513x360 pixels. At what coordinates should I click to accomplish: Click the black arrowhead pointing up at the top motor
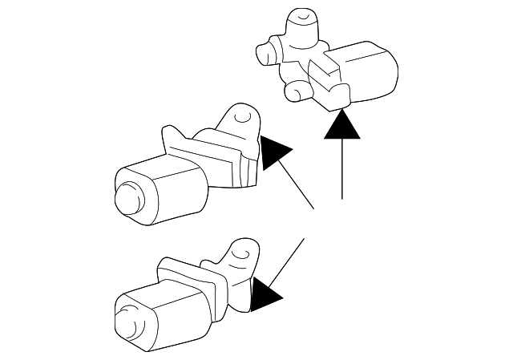click(x=342, y=126)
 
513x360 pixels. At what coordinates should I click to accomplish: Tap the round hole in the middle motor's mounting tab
click(x=241, y=118)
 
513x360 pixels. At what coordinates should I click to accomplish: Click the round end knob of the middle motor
click(x=126, y=197)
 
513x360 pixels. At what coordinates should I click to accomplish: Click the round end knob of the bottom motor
click(x=126, y=322)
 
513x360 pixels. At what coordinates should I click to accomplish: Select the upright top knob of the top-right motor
click(x=301, y=20)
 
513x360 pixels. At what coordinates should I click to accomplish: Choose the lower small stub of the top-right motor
click(x=296, y=91)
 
